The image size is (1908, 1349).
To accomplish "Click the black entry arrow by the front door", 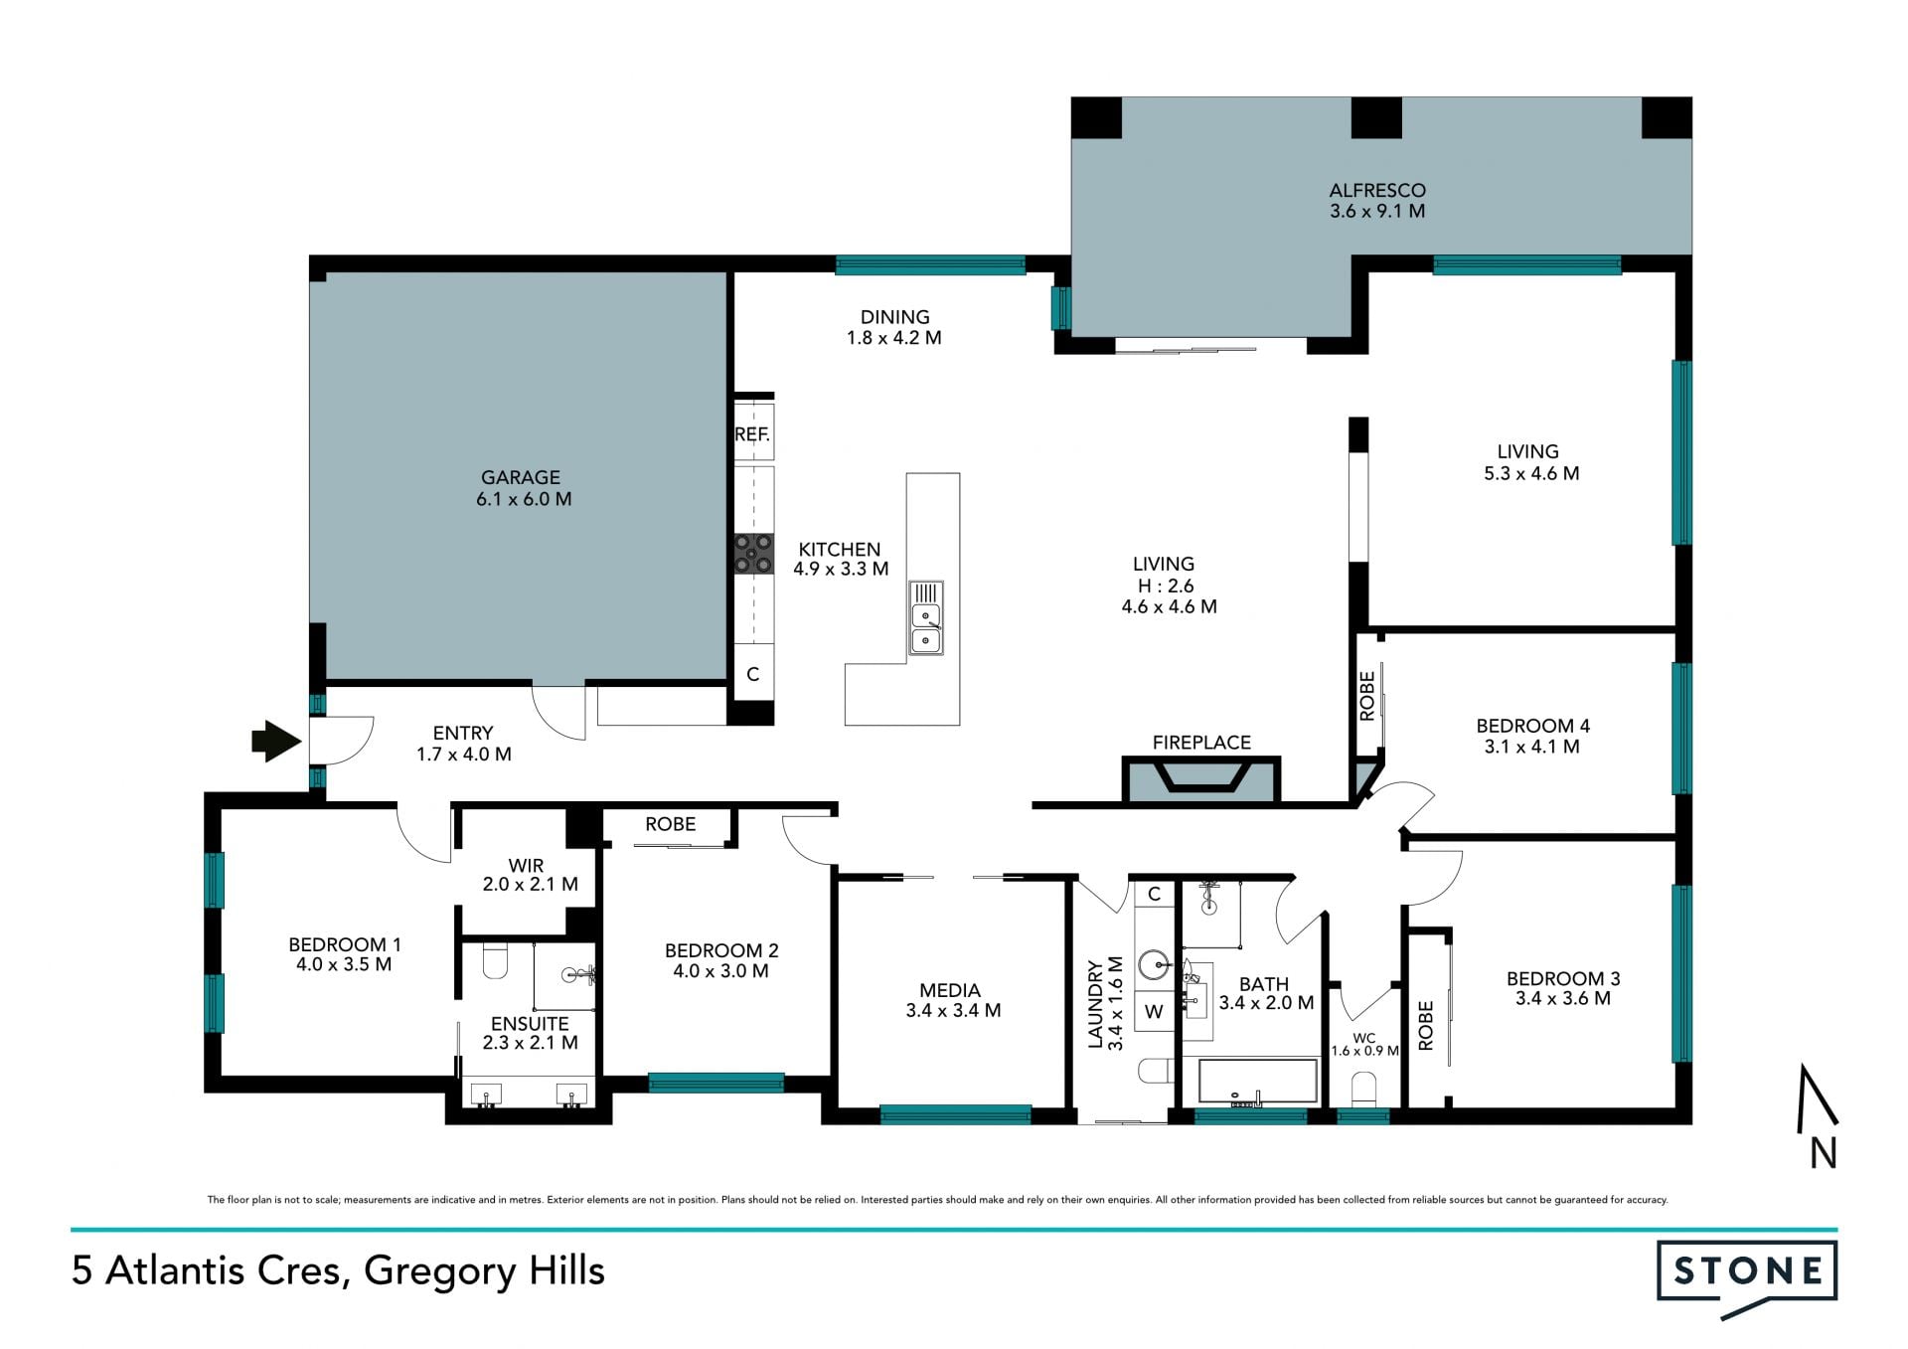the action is coord(276,741).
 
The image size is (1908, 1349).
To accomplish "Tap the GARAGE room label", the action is coord(521,477).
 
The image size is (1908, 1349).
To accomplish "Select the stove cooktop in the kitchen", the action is coord(753,554).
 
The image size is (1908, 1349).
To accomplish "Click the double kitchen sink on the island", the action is coord(926,617).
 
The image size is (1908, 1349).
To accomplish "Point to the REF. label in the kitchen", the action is coord(752,434).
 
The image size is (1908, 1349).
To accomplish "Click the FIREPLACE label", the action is coord(1201,743).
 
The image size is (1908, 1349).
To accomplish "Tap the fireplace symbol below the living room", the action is coord(1201,778).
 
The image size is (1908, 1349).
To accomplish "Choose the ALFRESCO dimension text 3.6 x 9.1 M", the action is coord(1377,211).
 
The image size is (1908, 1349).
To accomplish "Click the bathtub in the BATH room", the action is coord(1257,1082).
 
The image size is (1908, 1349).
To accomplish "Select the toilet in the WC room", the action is coord(1363,1089).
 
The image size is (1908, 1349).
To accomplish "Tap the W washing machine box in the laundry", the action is coord(1154,1012).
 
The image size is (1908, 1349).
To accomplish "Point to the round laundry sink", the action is coord(1155,963).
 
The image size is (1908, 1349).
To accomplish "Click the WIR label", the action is coord(526,866).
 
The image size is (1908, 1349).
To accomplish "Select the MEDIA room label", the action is coord(950,990).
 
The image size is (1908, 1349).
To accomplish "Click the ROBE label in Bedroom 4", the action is coord(1367,696).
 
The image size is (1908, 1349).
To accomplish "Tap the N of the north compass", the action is coord(1824,1153).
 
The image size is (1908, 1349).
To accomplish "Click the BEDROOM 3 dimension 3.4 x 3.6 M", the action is coord(1563,998).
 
